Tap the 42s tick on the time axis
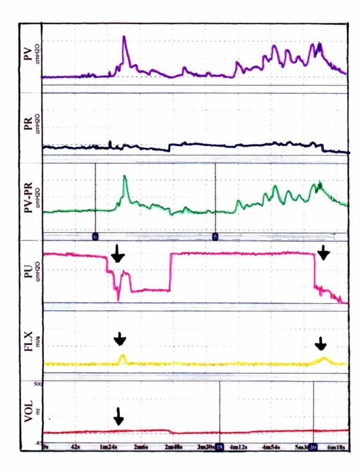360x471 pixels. click(75, 448)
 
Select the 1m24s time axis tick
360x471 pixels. click(108, 448)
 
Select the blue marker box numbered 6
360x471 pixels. click(95, 235)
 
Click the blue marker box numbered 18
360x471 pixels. click(220, 448)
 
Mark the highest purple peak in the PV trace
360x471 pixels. click(124, 37)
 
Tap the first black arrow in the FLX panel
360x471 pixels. click(120, 338)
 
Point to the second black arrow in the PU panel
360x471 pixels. click(324, 252)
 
